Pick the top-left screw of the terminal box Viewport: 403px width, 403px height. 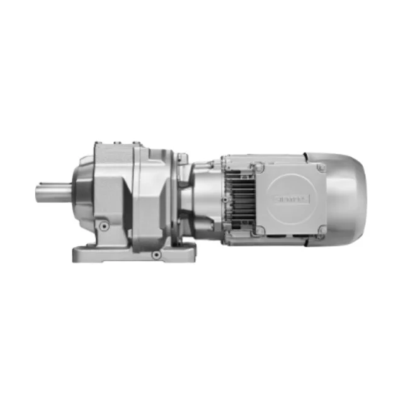[x=258, y=167]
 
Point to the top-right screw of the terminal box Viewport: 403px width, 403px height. [x=321, y=167]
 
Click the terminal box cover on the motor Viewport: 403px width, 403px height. [x=290, y=198]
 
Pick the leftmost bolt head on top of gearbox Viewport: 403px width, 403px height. [x=99, y=145]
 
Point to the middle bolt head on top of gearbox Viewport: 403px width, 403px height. [x=116, y=145]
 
